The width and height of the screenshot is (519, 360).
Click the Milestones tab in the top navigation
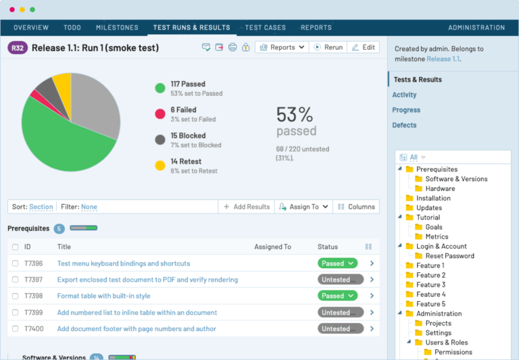point(117,28)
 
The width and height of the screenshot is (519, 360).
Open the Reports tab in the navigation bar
point(316,28)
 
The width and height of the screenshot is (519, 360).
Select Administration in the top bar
point(476,28)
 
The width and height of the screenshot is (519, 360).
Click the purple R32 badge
point(18,47)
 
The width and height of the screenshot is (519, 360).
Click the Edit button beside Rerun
point(363,47)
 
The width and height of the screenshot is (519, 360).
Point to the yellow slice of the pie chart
point(62,84)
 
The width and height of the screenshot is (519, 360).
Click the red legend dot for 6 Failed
point(160,114)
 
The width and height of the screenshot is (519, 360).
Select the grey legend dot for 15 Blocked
point(160,140)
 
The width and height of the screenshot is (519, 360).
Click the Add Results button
point(246,207)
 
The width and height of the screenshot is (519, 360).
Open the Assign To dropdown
point(303,207)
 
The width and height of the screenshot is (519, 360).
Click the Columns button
point(355,207)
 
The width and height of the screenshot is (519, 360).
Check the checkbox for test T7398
point(15,296)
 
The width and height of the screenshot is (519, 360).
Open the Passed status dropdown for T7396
point(337,263)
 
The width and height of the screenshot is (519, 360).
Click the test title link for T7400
point(137,329)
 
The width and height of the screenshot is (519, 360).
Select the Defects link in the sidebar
point(404,125)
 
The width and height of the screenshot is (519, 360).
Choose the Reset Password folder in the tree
point(449,256)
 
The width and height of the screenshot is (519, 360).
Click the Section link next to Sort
point(41,207)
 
